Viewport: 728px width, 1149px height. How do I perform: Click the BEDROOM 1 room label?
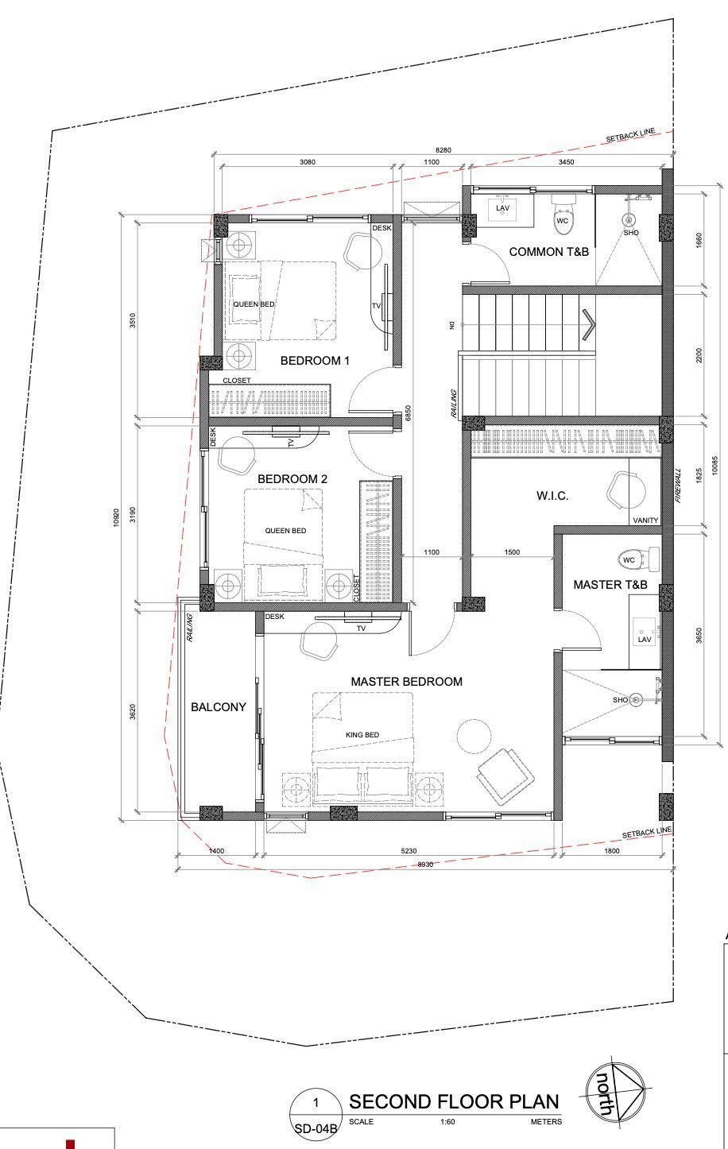[x=315, y=361]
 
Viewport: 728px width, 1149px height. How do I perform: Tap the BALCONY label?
[x=219, y=707]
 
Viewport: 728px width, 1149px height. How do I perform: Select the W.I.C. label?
[x=552, y=496]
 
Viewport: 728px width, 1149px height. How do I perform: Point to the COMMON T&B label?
[x=548, y=252]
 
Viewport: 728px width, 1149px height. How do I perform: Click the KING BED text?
[x=362, y=734]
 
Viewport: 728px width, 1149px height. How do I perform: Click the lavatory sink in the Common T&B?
[x=502, y=209]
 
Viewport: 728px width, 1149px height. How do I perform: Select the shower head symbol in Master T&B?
[x=636, y=699]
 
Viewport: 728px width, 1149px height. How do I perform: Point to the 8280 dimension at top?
[x=443, y=150]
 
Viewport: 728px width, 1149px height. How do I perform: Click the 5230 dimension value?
[x=409, y=851]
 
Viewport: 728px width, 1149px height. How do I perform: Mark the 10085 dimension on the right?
[x=715, y=466]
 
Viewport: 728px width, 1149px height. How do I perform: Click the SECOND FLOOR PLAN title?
[x=454, y=1102]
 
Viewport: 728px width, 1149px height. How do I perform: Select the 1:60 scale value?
[x=447, y=1122]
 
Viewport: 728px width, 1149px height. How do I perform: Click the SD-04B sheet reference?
[x=316, y=1129]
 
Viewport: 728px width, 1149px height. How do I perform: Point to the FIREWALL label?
[x=679, y=486]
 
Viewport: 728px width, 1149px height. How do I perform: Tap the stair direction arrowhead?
[x=588, y=324]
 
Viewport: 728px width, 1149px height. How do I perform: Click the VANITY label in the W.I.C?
[x=645, y=520]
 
